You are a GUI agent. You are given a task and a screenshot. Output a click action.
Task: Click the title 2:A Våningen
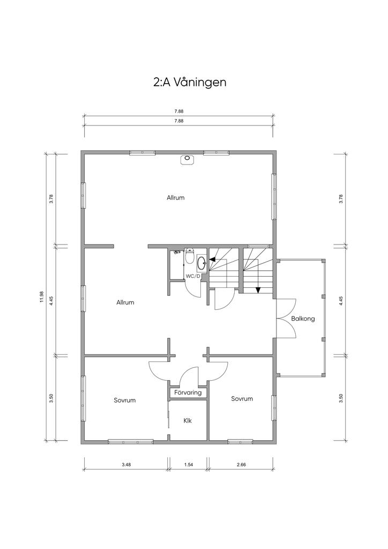[189, 82]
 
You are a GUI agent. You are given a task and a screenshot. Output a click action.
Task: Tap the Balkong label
[303, 318]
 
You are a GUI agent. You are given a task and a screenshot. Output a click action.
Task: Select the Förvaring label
[188, 392]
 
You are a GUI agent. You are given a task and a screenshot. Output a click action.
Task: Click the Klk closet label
[188, 420]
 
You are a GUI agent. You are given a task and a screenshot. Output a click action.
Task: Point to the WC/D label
[193, 276]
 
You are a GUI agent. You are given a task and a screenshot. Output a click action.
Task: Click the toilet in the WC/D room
[189, 256]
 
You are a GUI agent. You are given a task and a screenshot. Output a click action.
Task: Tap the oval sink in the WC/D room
[202, 263]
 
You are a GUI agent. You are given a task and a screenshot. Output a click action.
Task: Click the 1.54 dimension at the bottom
[188, 465]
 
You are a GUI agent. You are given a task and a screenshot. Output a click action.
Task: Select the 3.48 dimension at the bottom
[126, 465]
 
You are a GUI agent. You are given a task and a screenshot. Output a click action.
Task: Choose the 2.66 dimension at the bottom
[241, 465]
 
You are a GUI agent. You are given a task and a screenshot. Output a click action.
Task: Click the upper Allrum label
[176, 197]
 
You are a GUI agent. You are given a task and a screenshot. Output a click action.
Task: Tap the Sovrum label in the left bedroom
[124, 400]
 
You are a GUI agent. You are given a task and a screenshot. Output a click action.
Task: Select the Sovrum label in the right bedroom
[242, 399]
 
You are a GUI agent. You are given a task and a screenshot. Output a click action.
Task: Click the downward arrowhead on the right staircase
[258, 290]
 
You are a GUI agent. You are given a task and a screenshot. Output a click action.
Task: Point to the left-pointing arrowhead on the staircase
[212, 260]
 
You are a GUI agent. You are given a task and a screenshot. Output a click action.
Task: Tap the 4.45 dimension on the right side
[341, 301]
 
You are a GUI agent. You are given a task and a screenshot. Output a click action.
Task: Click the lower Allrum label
[125, 302]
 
